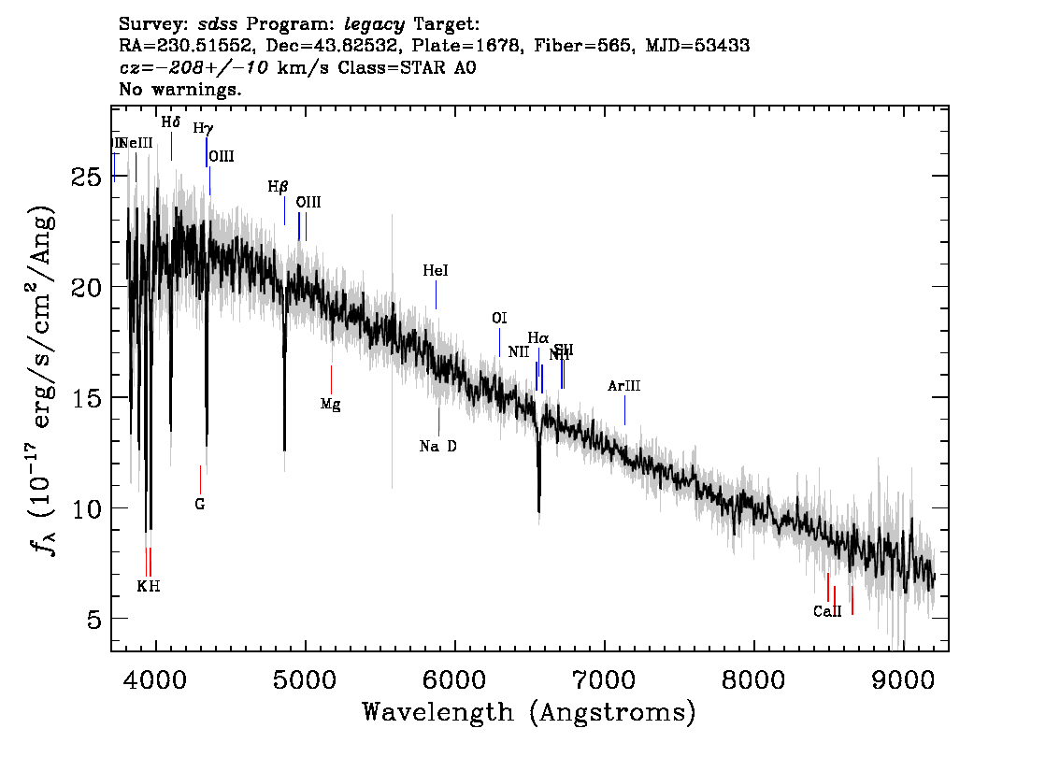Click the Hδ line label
(170, 122)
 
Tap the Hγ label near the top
(203, 128)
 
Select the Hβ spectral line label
(278, 187)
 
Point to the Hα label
(537, 337)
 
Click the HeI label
(436, 271)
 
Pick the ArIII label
(624, 386)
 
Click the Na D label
(438, 447)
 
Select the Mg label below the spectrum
(330, 405)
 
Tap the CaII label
(827, 612)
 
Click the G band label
(199, 505)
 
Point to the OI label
(499, 319)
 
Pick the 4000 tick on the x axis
(156, 678)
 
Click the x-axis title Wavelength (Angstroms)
(529, 712)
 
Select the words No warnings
(180, 90)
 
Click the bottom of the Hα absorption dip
(538, 510)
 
